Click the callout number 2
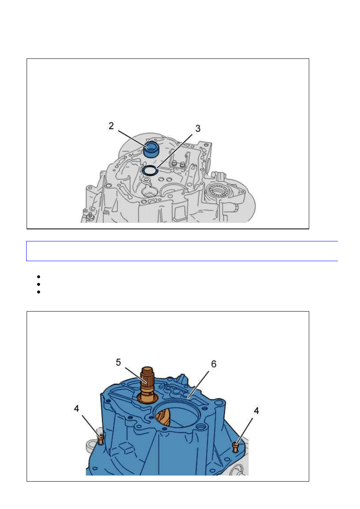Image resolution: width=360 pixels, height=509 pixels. [111, 126]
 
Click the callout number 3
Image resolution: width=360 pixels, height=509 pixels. [198, 129]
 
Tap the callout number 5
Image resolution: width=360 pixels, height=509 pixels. [118, 362]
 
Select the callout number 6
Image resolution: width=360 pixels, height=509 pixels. [214, 364]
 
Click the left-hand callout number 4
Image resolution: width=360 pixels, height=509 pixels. [77, 409]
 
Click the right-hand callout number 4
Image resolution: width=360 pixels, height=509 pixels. [256, 411]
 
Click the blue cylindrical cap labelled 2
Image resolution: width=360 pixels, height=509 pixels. [151, 149]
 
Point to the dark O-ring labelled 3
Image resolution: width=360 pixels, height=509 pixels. [150, 170]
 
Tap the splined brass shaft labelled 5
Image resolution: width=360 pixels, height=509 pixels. [147, 385]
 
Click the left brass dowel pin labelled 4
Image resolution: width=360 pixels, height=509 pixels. [101, 439]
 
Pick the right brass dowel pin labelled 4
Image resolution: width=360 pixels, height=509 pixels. [236, 447]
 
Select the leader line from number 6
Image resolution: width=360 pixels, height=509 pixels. [198, 384]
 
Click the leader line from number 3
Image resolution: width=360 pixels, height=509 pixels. [175, 152]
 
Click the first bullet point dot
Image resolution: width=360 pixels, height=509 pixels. [38, 276]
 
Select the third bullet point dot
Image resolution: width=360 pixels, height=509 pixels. [38, 292]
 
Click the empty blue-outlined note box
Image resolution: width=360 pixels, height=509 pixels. [182, 251]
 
